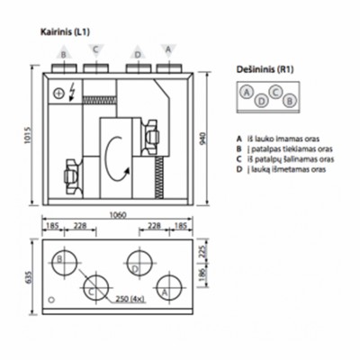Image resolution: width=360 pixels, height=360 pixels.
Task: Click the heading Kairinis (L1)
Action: click(x=67, y=31)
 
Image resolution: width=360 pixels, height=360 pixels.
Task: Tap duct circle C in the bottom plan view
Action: click(x=94, y=289)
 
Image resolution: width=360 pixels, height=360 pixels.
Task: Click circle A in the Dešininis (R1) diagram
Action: click(x=245, y=91)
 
